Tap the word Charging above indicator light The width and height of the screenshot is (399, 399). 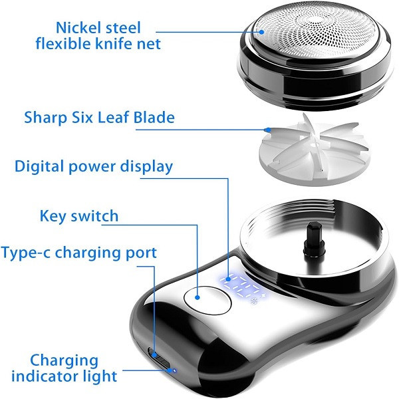(64, 361)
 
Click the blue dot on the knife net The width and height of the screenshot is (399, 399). (261, 32)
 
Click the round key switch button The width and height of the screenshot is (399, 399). (207, 301)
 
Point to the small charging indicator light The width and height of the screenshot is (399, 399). (174, 370)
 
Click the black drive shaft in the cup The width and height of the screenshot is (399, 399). (314, 237)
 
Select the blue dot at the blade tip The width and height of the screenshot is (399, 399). (268, 130)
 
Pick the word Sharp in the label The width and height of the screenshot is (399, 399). (45, 118)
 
